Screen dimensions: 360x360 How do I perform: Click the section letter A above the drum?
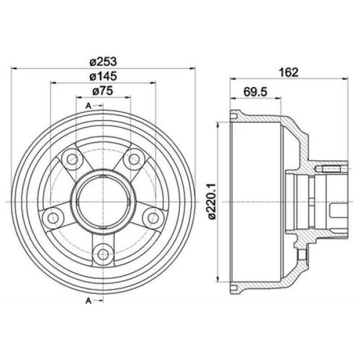click(x=88, y=106)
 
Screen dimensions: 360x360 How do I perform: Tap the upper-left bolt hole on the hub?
click(x=73, y=159)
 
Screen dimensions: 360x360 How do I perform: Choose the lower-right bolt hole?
click(x=152, y=216)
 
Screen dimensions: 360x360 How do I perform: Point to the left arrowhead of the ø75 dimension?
click(x=79, y=97)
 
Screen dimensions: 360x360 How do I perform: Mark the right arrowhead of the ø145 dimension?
click(x=153, y=82)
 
